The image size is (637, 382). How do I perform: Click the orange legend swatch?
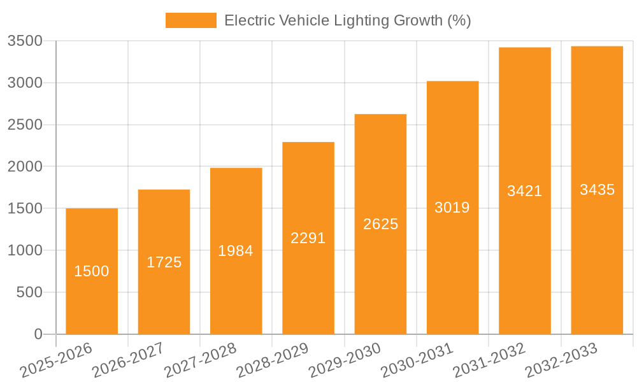[190, 20]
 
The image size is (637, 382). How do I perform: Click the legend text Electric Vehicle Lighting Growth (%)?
[347, 20]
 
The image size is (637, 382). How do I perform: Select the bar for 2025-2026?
[92, 299]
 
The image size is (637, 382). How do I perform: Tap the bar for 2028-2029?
[308, 286]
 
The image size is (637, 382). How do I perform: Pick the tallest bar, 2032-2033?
[597, 255]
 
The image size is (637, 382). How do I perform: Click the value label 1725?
[164, 262]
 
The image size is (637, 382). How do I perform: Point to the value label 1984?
[236, 251]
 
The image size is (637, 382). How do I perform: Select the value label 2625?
[380, 224]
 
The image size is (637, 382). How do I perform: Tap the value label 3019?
[452, 208]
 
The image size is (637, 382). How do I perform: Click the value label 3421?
[524, 191]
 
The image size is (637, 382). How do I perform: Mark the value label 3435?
[597, 190]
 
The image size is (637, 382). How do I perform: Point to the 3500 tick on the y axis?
[25, 41]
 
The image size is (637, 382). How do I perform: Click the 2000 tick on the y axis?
[25, 167]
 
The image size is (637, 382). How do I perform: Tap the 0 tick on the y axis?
[38, 334]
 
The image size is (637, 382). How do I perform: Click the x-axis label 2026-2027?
[128, 360]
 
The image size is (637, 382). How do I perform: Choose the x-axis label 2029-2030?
[345, 360]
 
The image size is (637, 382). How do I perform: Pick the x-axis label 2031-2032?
[489, 360]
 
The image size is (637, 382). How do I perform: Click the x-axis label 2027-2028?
[200, 360]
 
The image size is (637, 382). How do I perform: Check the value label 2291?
[308, 238]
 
